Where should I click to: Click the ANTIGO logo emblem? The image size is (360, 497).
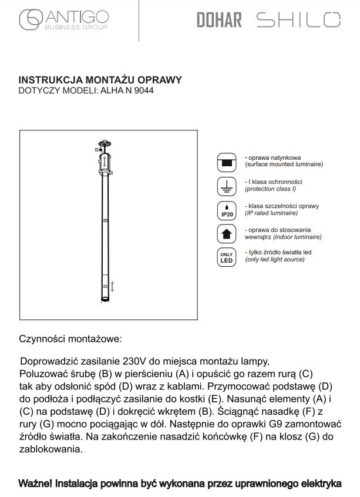(x=30, y=21)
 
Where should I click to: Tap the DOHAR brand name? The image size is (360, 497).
(x=219, y=21)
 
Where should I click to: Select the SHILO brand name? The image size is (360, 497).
(x=298, y=21)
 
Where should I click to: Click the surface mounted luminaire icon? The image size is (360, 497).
(x=226, y=162)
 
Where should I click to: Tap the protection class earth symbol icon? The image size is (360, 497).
(x=226, y=186)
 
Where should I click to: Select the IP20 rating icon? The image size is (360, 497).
(x=226, y=210)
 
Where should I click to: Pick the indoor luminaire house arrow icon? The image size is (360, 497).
(x=226, y=234)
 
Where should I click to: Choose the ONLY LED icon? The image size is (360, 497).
(x=226, y=257)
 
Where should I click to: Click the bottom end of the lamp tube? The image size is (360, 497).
(x=105, y=300)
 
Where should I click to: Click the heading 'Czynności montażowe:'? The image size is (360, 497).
(x=70, y=339)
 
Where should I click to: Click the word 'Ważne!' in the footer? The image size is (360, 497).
(x=35, y=483)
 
